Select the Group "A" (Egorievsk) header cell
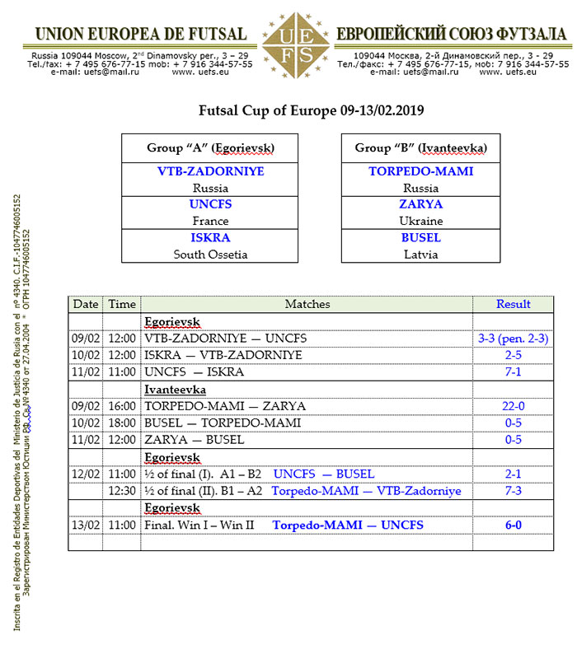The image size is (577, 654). point(209,148)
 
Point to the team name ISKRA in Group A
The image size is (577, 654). point(209,238)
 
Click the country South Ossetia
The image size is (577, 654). point(209,255)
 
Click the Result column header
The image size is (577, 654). point(513,304)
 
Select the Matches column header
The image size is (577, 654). point(307,304)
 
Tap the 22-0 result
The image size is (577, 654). point(513,406)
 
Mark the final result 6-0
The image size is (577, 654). point(513,526)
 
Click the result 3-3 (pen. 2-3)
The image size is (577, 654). point(513,338)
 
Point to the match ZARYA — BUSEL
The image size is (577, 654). point(194,440)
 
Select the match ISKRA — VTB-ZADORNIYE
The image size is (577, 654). point(223,355)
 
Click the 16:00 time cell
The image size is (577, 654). point(121,406)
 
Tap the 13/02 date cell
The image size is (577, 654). point(86,526)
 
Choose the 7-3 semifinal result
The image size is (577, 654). point(513,491)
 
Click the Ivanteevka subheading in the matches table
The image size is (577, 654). point(175,389)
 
